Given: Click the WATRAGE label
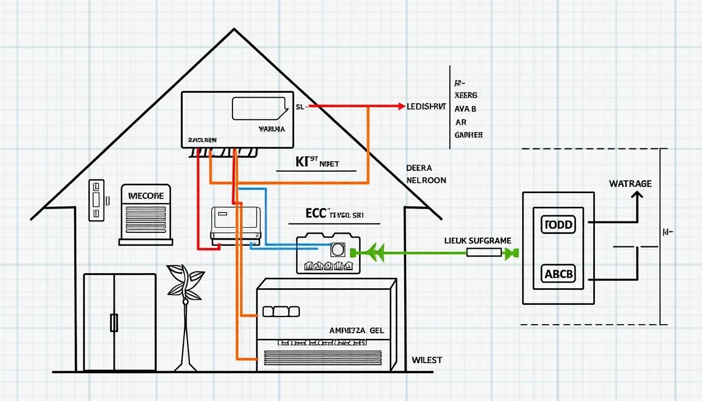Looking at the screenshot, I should (x=630, y=184).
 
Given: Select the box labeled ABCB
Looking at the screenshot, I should (x=558, y=273).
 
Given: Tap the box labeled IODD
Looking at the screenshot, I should (x=558, y=225).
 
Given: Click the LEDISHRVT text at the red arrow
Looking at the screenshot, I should (x=426, y=106).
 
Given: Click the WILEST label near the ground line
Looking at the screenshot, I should (x=427, y=360).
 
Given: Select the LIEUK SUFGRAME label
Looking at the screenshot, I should (x=477, y=241).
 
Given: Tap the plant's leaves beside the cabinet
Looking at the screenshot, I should (x=185, y=282).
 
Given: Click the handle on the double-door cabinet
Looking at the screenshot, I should (x=114, y=323).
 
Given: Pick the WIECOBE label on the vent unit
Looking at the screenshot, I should (x=146, y=196).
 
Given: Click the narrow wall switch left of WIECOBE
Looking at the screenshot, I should (x=96, y=200).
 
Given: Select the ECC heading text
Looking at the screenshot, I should (x=315, y=213).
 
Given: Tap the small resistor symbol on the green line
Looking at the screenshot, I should (x=483, y=253).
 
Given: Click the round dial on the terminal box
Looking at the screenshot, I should (x=337, y=250).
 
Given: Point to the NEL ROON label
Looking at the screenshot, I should (x=426, y=180).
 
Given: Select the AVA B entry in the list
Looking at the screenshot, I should (x=465, y=109).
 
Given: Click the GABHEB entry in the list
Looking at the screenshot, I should (x=469, y=135).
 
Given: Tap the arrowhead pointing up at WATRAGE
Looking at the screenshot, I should (x=637, y=195).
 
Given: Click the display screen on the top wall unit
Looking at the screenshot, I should (x=259, y=109).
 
